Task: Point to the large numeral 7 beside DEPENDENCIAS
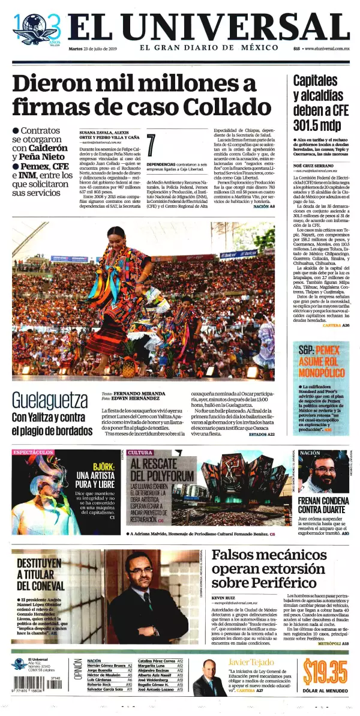[151, 145]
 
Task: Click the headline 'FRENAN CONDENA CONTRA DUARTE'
[323, 505]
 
